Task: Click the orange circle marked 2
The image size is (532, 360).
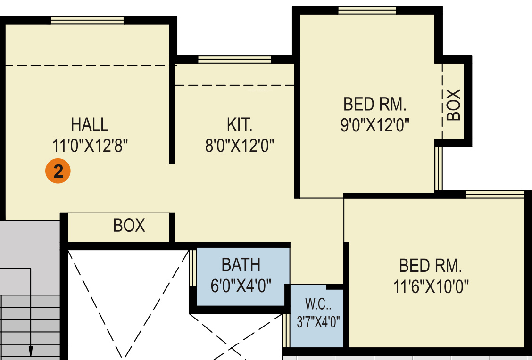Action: click(58, 171)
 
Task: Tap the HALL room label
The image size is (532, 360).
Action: click(90, 124)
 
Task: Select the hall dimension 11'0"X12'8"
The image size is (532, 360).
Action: click(90, 146)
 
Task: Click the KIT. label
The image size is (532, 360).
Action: click(240, 124)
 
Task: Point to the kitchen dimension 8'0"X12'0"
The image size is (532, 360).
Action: click(240, 146)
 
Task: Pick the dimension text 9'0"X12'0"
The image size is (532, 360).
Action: click(375, 125)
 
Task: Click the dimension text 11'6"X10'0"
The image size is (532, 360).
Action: click(431, 286)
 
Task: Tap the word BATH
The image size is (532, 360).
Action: click(241, 265)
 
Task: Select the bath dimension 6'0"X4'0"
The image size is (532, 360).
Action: click(241, 286)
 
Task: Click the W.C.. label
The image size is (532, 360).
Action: click(318, 304)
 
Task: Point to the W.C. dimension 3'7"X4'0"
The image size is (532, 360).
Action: click(318, 322)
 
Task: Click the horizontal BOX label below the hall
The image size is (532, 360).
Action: click(129, 225)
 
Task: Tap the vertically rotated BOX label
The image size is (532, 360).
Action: click(453, 105)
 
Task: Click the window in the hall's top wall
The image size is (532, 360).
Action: click(87, 20)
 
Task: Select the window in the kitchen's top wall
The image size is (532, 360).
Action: click(234, 60)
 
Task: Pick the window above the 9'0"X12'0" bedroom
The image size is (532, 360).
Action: click(367, 10)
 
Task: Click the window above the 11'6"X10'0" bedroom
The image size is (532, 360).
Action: click(495, 195)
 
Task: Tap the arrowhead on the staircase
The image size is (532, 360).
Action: click(31, 351)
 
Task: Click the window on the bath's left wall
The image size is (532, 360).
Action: click(193, 268)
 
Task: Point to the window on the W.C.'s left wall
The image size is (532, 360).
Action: click(286, 330)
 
